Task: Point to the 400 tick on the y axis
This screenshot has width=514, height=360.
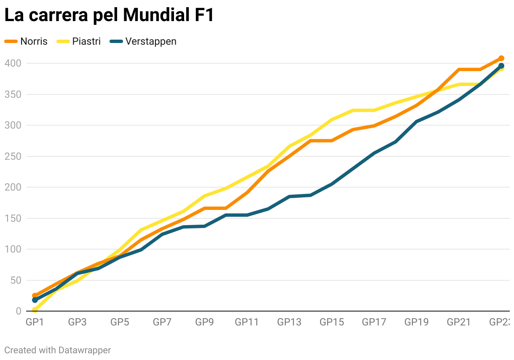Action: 13,63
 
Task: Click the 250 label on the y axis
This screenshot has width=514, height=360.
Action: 13,156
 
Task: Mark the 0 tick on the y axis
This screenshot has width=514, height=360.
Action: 19,311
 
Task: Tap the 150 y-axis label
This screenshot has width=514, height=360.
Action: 13,218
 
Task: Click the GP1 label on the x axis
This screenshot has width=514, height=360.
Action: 35,322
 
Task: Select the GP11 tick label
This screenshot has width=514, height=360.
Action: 246,322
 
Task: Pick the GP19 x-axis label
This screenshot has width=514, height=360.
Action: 416,322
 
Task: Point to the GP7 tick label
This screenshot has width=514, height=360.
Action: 162,322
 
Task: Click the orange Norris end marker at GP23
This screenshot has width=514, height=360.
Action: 501,59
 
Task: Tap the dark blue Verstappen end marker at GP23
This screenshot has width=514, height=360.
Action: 501,66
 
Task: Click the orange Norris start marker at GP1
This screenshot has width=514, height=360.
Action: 35,296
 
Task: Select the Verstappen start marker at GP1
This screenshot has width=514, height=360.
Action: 35,300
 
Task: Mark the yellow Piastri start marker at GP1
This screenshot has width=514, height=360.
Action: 35,310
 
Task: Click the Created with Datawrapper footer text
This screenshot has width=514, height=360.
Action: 58,350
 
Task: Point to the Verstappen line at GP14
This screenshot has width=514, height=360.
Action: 311,195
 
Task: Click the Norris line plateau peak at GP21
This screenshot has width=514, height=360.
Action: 459,70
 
